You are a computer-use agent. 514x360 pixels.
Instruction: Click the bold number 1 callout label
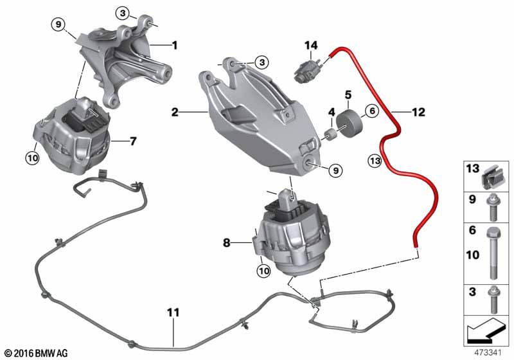coord(175,45)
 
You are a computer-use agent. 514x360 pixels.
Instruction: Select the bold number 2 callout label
coord(175,112)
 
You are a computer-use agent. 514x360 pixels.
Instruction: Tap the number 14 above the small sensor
coord(311,45)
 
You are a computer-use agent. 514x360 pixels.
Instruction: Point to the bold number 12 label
coord(418,112)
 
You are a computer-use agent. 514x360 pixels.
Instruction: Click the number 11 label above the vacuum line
coord(173,312)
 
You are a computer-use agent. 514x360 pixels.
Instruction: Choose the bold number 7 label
coord(133,141)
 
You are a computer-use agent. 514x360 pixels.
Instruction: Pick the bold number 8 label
coord(227,243)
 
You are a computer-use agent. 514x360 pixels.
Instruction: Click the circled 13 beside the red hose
coord(375,161)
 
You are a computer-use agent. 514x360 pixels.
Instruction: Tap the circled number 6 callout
coord(372,111)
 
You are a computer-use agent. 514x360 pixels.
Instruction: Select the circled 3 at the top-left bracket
coord(123,13)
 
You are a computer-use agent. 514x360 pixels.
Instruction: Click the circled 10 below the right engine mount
coord(264,271)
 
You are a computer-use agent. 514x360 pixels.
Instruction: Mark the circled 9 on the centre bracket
coord(335,170)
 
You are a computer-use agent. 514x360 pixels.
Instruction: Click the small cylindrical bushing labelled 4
coord(331,135)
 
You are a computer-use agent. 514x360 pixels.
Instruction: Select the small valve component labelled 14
coord(308,71)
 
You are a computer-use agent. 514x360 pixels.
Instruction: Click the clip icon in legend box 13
coord(491,181)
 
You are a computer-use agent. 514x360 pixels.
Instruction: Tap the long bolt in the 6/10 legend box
coord(494,253)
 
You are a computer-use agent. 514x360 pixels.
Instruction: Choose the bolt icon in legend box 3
coord(493,300)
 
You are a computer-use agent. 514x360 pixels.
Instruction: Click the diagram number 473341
coord(488,352)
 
